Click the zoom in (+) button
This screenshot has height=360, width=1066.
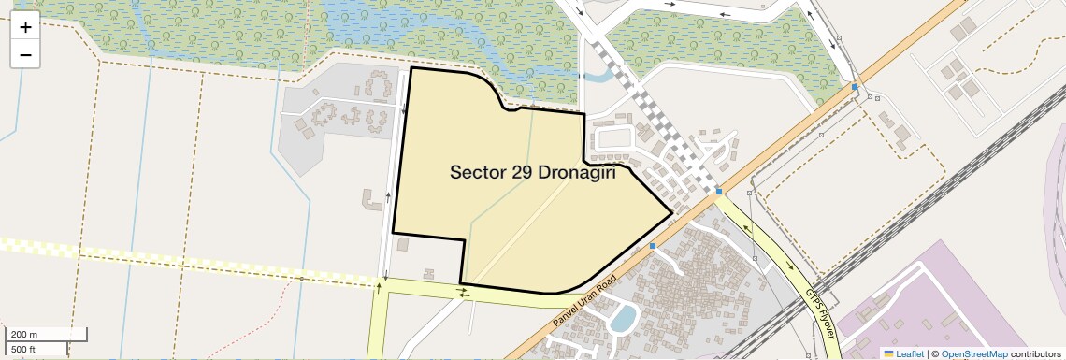pyautogui.click(x=25, y=26)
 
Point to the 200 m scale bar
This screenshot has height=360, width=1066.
pyautogui.click(x=47, y=335)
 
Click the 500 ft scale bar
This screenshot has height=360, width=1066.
pyautogui.click(x=36, y=350)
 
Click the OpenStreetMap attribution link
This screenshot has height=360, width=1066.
pyautogui.click(x=973, y=353)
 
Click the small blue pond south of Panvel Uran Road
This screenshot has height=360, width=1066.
pyautogui.click(x=622, y=318)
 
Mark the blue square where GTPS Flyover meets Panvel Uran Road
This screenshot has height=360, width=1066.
pyautogui.click(x=719, y=192)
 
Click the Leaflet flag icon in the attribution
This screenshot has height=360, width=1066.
pyautogui.click(x=889, y=353)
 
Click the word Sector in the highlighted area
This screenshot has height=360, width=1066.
pyautogui.click(x=479, y=173)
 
